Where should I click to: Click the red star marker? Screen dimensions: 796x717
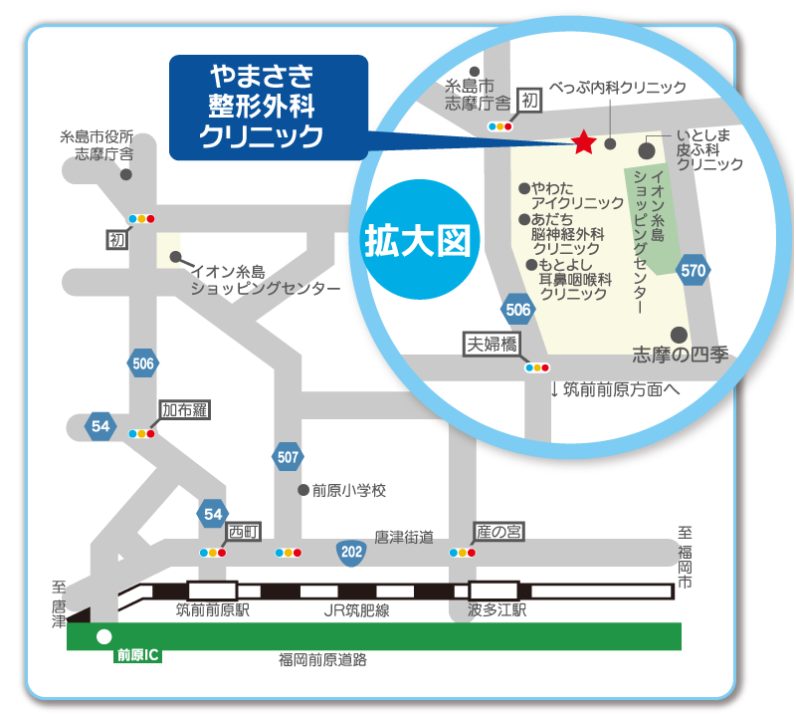tap(583, 143)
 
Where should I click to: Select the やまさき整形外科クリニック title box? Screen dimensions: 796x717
tap(269, 108)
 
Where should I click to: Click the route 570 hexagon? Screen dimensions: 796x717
tap(694, 270)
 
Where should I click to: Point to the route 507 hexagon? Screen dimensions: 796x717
tap(287, 457)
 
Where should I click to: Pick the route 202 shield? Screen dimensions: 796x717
tap(350, 551)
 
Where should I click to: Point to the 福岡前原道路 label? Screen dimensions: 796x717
tap(322, 659)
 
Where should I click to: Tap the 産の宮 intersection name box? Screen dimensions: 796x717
tap(498, 532)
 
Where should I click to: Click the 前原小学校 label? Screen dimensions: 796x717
tap(348, 490)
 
